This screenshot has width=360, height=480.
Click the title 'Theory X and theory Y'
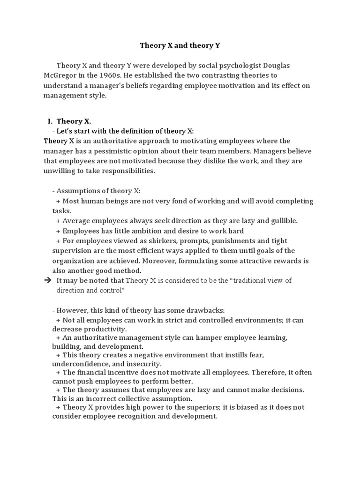click(180, 46)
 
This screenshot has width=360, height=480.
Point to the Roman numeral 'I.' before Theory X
click(50, 121)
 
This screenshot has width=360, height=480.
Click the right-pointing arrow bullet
click(47, 281)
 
